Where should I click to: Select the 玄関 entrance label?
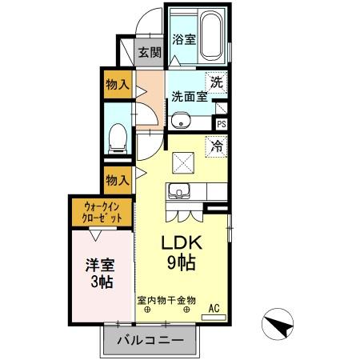tap(149, 54)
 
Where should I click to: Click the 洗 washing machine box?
tap(217, 81)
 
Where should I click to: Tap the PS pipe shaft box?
tap(222, 124)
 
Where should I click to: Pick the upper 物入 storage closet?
tap(118, 83)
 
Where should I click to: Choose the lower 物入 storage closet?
tap(118, 179)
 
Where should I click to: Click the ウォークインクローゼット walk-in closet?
tap(101, 213)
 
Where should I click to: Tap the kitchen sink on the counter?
tap(178, 193)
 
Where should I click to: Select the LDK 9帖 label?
tap(185, 251)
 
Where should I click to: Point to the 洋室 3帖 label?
tap(100, 273)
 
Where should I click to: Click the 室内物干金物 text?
tap(166, 300)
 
